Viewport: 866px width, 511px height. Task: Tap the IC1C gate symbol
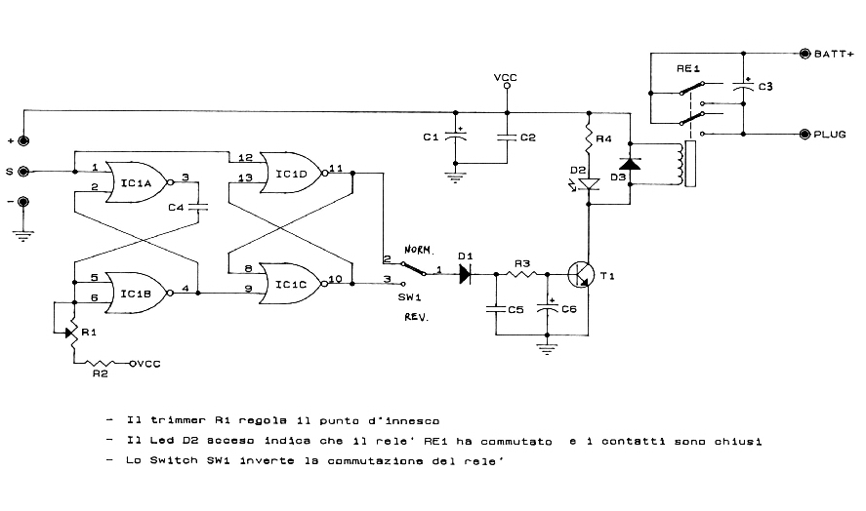[290, 285]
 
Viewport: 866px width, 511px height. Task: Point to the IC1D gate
[292, 174]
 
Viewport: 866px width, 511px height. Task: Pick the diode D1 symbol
[465, 275]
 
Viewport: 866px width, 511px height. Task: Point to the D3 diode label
[617, 177]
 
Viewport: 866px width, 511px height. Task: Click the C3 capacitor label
[765, 88]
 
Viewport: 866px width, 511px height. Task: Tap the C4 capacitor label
[176, 207]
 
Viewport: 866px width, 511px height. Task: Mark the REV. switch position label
[418, 317]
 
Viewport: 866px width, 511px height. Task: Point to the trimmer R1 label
[89, 332]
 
